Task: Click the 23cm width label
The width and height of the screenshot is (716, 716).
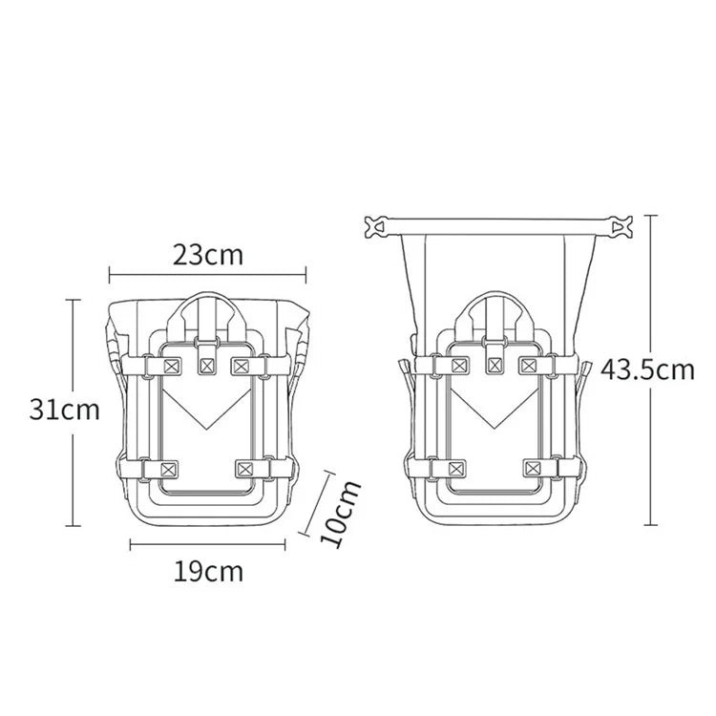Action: (208, 255)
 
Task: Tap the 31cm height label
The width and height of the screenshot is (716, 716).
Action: (64, 410)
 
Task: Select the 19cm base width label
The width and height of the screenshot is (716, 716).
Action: (208, 571)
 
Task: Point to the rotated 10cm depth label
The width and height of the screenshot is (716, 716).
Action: (341, 514)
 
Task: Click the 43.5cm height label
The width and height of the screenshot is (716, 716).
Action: (647, 369)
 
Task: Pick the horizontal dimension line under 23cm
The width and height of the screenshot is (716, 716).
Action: (208, 275)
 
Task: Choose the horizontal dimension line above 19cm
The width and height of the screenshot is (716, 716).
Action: (208, 544)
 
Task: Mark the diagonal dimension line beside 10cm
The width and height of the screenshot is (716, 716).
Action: (315, 503)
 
